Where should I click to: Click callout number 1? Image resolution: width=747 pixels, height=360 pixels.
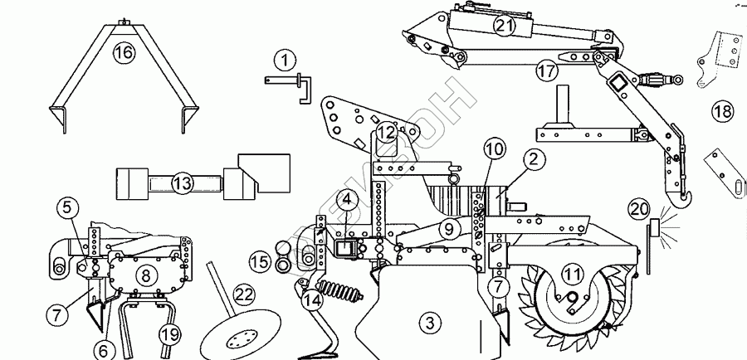[x=284, y=60]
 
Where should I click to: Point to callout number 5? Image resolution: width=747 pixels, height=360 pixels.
[x=68, y=208]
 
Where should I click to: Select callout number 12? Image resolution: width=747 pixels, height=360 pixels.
[x=385, y=132]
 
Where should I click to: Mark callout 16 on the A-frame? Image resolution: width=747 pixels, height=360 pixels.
[x=123, y=53]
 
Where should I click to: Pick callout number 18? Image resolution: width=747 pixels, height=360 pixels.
[x=721, y=111]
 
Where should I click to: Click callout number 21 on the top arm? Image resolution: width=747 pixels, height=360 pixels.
[x=504, y=26]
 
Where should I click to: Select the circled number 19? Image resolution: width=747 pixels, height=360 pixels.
[x=169, y=333]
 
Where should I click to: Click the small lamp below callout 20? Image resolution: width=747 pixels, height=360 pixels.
[x=653, y=228]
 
